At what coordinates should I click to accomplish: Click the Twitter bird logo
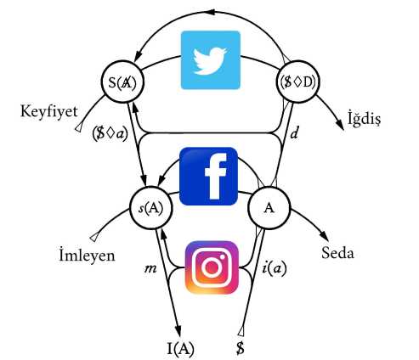click(211, 60)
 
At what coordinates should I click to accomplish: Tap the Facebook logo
click(208, 176)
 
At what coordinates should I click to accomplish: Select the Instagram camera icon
click(212, 267)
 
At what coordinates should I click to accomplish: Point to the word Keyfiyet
click(49, 111)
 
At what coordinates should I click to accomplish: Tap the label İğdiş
click(365, 118)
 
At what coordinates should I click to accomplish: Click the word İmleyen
click(87, 256)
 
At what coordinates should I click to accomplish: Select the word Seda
click(337, 252)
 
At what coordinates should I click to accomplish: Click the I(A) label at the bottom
click(180, 348)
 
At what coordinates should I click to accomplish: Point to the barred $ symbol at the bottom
click(241, 347)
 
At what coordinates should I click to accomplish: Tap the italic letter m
click(150, 268)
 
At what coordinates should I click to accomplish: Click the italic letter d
click(295, 132)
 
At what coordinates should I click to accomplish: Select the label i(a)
click(274, 268)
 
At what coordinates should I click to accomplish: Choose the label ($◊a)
click(110, 133)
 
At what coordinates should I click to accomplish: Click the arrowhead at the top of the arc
click(212, 13)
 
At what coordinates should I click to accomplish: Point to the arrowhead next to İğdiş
click(340, 124)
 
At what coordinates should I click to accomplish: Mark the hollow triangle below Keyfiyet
click(79, 127)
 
